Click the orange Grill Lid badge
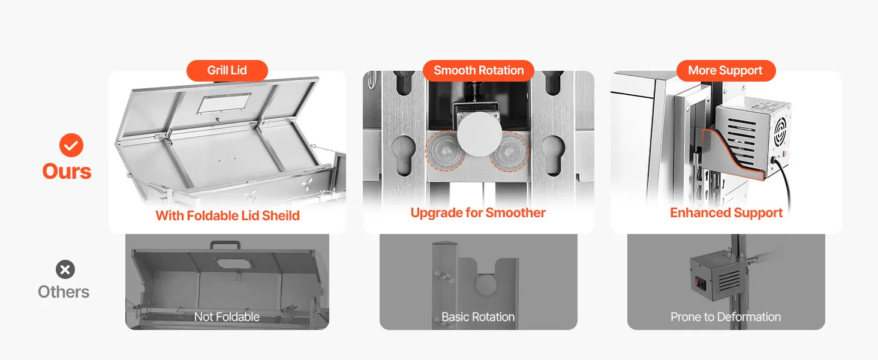click(x=227, y=71)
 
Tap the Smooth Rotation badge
click(x=479, y=71)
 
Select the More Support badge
click(x=726, y=71)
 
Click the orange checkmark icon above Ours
click(x=71, y=145)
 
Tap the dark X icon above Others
click(x=65, y=269)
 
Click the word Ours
click(x=67, y=172)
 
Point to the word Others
click(x=64, y=292)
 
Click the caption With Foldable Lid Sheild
click(x=227, y=215)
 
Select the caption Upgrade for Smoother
click(x=478, y=212)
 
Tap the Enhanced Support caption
click(x=726, y=212)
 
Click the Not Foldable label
click(x=227, y=317)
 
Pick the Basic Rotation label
click(x=478, y=317)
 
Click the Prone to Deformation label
click(x=726, y=317)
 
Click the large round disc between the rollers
click(x=479, y=135)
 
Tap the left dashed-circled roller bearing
click(x=445, y=151)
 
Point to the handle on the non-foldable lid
click(x=225, y=245)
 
